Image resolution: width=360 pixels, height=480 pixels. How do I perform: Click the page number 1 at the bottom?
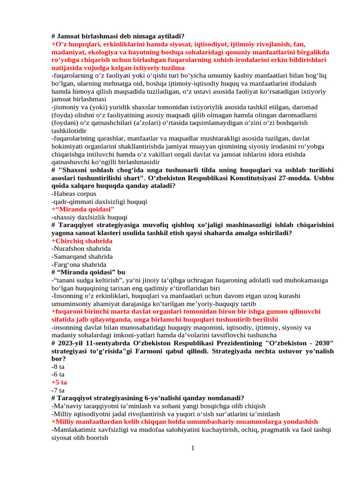click(x=193, y=449)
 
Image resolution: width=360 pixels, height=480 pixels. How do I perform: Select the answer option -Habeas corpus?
click(x=74, y=194)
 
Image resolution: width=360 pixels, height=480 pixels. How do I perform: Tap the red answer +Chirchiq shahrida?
click(x=82, y=241)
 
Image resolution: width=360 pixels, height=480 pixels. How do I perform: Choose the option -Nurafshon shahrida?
click(x=81, y=249)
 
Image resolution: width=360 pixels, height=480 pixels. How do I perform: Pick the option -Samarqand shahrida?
click(x=82, y=257)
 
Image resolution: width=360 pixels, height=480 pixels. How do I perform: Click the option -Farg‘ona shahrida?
click(x=79, y=265)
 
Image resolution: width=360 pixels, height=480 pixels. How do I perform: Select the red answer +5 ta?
click(x=59, y=382)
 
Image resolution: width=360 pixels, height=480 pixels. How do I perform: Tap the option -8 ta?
click(x=58, y=367)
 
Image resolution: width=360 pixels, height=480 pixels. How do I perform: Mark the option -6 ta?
click(x=58, y=375)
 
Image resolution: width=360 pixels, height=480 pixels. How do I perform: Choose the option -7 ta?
click(x=58, y=390)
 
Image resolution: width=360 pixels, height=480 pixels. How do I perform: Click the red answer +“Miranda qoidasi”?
click(x=82, y=209)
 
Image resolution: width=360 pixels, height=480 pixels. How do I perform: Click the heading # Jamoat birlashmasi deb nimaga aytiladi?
click(x=118, y=36)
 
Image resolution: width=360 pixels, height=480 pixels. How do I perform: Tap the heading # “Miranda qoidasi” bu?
click(x=88, y=272)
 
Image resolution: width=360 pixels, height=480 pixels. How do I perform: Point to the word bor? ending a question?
click(x=59, y=359)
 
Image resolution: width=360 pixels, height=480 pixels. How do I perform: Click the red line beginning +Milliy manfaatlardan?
click(x=184, y=422)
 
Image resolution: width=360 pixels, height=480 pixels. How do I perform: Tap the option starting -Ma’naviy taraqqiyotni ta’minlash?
click(x=158, y=406)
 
